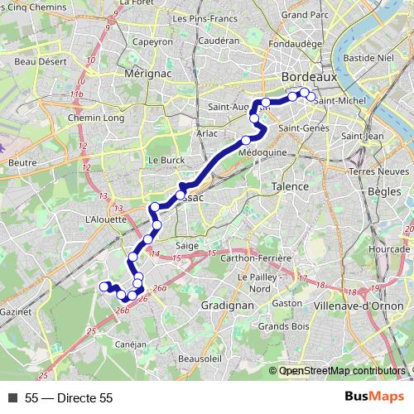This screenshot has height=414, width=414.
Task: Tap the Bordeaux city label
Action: click(306, 76)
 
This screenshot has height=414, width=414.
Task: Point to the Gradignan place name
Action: click(227, 305)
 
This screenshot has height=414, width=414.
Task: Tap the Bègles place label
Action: click(383, 191)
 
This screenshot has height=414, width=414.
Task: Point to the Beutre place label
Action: click(23, 163)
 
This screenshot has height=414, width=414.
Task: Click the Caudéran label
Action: click(219, 40)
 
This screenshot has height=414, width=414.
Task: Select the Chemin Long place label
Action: click(95, 118)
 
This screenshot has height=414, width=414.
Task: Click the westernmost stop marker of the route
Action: click(104, 286)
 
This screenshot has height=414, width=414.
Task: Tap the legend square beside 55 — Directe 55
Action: click(12, 398)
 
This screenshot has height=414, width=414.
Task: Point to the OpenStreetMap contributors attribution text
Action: click(342, 372)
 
